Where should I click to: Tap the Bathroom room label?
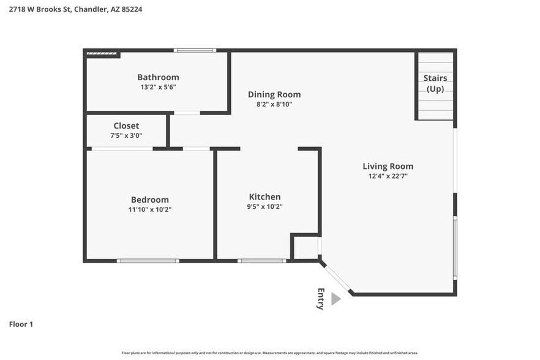coord(158,77)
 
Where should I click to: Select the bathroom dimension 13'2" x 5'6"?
coord(158,87)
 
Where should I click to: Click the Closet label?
coord(126,126)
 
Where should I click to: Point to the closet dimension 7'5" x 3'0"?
coord(126,135)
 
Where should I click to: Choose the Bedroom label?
coord(149,200)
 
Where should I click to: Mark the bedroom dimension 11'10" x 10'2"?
coord(149,209)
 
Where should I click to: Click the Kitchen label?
coord(264,197)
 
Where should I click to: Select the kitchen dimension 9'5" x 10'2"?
coord(264,206)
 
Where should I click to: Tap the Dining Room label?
coord(274,94)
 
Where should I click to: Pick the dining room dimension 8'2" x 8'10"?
coord(274,104)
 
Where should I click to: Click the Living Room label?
coord(388,166)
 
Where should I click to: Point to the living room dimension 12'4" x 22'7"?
coord(388,176)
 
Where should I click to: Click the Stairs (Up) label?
coord(435,83)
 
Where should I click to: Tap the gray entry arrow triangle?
coord(335,299)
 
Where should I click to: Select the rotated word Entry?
coord(321,299)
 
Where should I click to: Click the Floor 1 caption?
coord(21,324)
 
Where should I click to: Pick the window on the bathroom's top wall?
coord(195,50)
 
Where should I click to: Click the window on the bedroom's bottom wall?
coord(148,261)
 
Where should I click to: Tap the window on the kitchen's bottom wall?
coord(261,261)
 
